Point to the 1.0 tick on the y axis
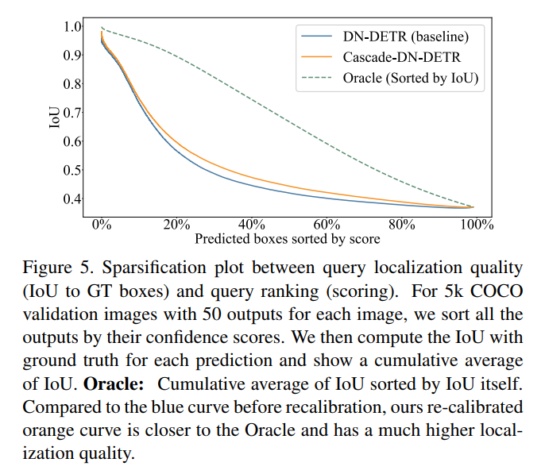[72, 26]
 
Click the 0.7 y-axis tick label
[72, 113]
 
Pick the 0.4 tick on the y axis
[72, 199]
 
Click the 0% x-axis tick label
[102, 224]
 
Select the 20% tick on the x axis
[176, 224]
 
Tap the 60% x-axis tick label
[327, 224]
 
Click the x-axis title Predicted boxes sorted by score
[288, 238]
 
